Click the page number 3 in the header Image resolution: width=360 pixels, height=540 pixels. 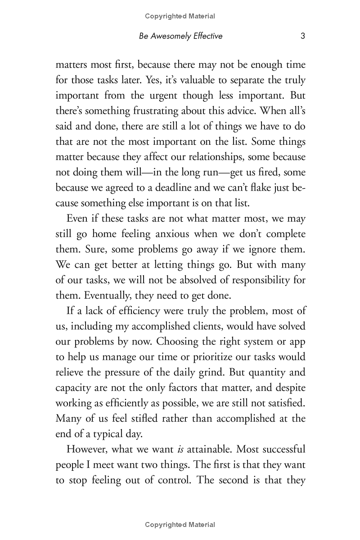(x=303, y=36)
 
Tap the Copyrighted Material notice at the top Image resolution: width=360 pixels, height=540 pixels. (x=180, y=16)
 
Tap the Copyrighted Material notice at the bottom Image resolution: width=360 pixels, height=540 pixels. (x=180, y=525)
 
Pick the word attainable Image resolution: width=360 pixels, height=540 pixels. (x=209, y=450)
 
